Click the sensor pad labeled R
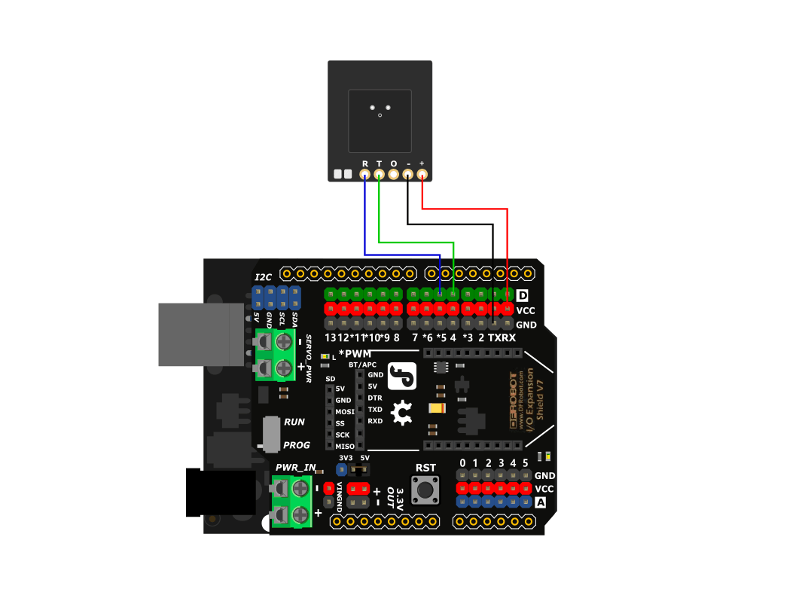[x=365, y=175]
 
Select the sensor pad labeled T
[x=379, y=175]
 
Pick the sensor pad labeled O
[x=393, y=175]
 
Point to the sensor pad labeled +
[x=422, y=175]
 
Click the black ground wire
[x=452, y=224]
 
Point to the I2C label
[x=263, y=277]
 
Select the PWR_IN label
[x=295, y=468]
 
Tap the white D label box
[x=523, y=295]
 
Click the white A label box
[x=540, y=502]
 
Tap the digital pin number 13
[x=331, y=337]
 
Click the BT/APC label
[x=362, y=365]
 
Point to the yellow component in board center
[x=436, y=408]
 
